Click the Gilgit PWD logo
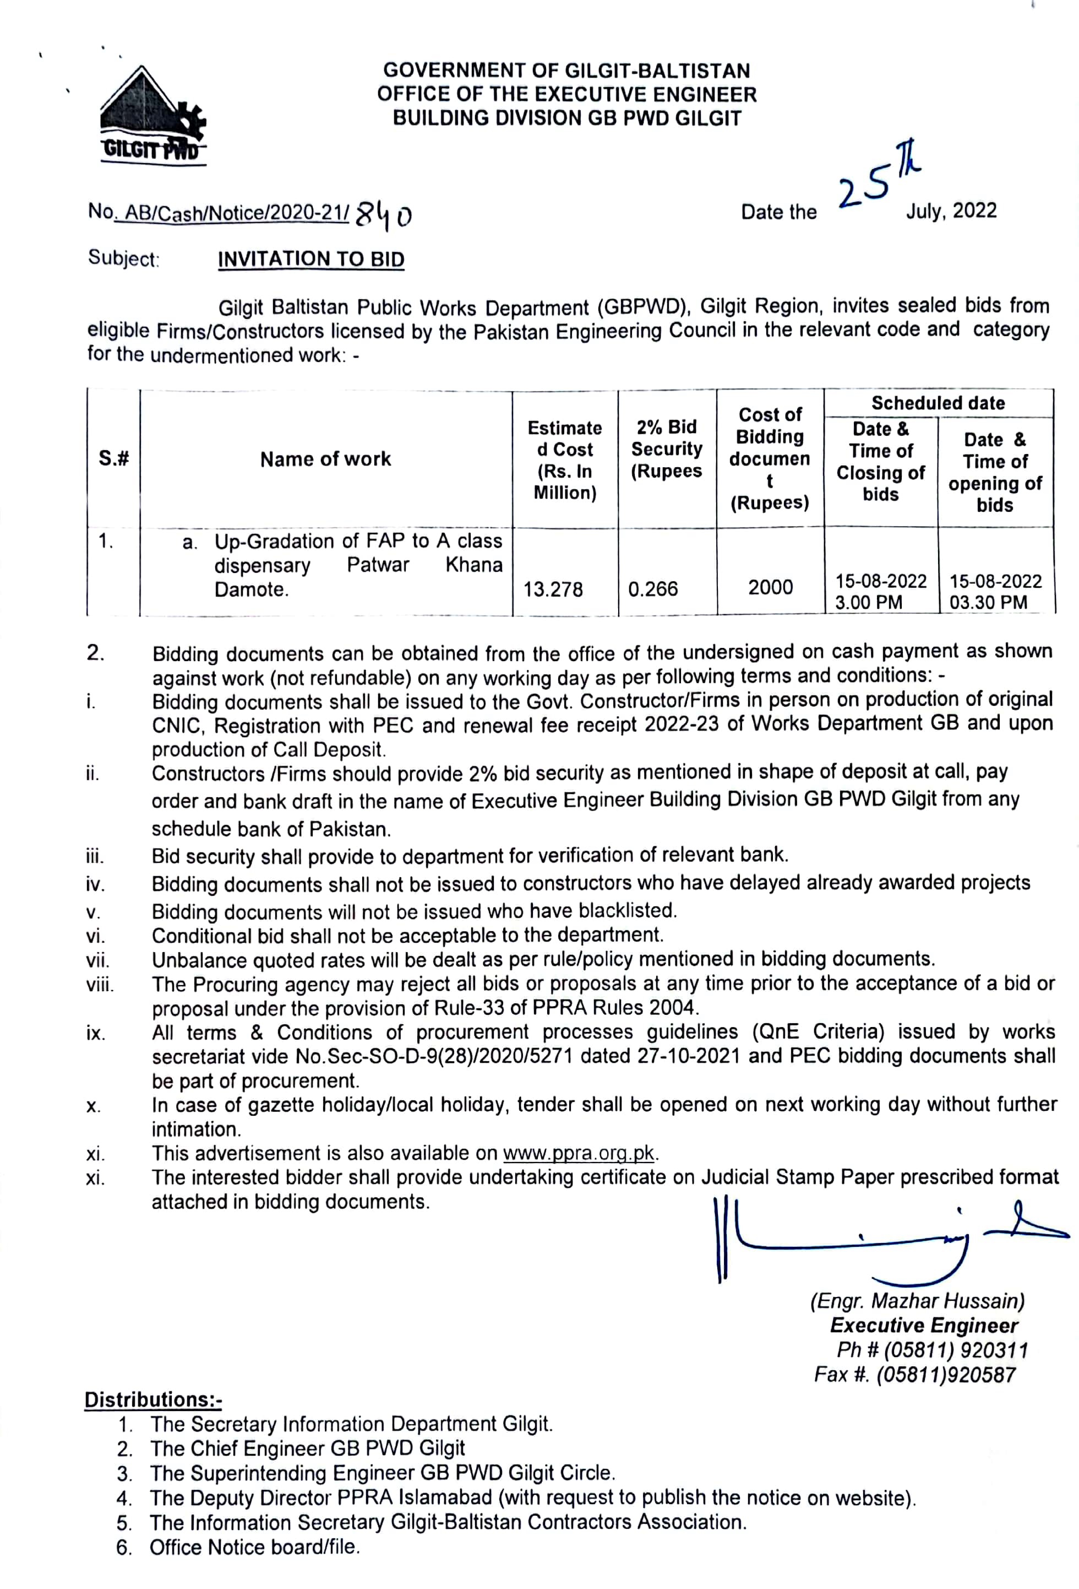coord(152,116)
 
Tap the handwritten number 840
coord(383,215)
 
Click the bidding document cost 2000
coord(770,587)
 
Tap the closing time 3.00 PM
coord(868,602)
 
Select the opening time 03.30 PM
coord(988,602)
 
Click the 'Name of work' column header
coord(325,459)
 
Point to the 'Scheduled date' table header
coord(938,403)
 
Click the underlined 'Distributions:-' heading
coord(153,1399)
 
